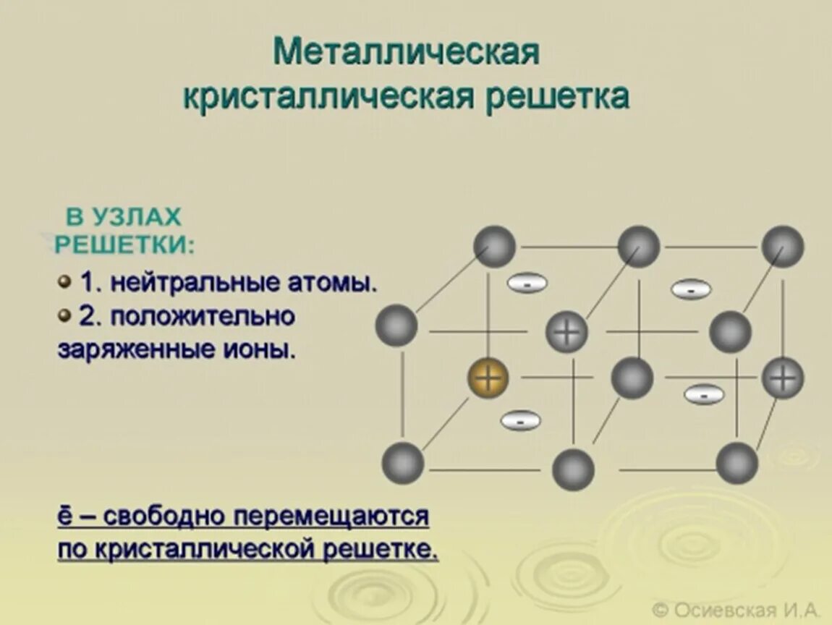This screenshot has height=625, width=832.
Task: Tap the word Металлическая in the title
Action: (407, 52)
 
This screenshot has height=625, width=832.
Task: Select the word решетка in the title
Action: (557, 96)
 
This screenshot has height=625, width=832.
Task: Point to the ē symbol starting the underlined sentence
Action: (64, 516)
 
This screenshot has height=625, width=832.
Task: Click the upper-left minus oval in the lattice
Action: (527, 284)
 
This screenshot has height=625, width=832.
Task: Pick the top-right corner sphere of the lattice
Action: (783, 246)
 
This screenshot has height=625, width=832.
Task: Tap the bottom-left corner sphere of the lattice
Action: (402, 462)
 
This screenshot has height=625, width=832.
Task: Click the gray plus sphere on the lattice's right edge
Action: (783, 378)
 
